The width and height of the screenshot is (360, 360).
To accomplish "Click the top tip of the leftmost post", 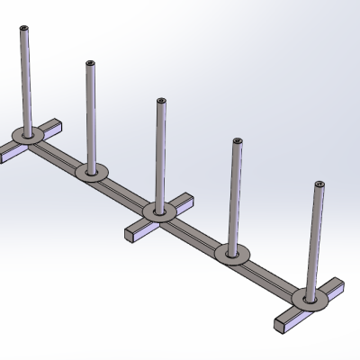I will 24,30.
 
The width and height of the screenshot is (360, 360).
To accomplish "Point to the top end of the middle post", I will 161,101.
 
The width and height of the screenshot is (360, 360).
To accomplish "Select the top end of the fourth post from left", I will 237,141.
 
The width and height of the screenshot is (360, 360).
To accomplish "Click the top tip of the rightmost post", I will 319,184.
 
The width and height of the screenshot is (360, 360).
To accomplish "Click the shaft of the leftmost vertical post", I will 24,81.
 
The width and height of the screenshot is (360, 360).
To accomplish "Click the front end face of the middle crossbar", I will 130,235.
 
